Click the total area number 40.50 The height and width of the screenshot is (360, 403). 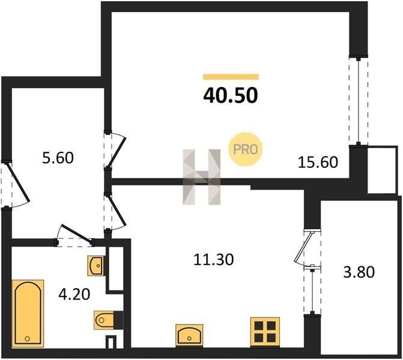point(230,95)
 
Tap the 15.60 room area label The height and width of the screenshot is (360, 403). point(318,163)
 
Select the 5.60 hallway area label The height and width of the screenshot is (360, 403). point(58,158)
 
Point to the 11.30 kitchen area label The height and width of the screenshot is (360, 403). point(214,259)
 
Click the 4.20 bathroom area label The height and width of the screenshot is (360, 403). point(74,294)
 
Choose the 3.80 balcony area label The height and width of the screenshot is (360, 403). point(359,272)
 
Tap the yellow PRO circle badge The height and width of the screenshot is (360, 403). point(246,149)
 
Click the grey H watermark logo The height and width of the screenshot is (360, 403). point(202,177)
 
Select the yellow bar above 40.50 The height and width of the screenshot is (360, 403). point(231,77)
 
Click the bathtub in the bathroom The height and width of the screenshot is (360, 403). point(28,313)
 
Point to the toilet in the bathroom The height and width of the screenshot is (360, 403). point(109,320)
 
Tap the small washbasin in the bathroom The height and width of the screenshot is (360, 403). point(96,266)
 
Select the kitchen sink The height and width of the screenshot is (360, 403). point(189,335)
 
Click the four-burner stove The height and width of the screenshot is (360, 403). point(265,332)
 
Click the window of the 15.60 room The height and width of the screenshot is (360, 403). point(359,101)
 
